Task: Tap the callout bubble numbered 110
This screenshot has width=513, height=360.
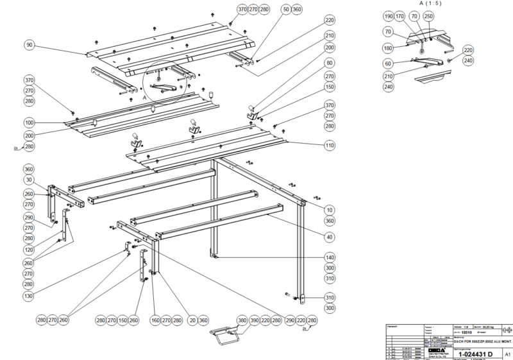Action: click(x=330, y=146)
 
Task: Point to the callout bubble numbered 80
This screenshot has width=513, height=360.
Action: click(x=330, y=64)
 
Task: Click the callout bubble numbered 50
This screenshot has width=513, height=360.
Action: click(x=285, y=10)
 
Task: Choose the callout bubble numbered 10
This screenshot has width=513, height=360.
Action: click(x=330, y=210)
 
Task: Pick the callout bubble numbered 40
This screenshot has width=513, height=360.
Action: click(x=330, y=237)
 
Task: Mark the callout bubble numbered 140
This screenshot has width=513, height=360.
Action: click(x=330, y=257)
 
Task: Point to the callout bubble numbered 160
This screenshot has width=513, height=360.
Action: click(x=154, y=320)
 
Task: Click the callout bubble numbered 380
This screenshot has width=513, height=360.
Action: click(x=242, y=320)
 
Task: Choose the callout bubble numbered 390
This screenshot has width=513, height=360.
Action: click(x=255, y=320)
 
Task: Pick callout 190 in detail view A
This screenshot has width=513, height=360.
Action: click(x=389, y=16)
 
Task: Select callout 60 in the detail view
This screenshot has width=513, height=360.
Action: click(x=389, y=64)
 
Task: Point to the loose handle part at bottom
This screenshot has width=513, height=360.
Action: click(x=226, y=334)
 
